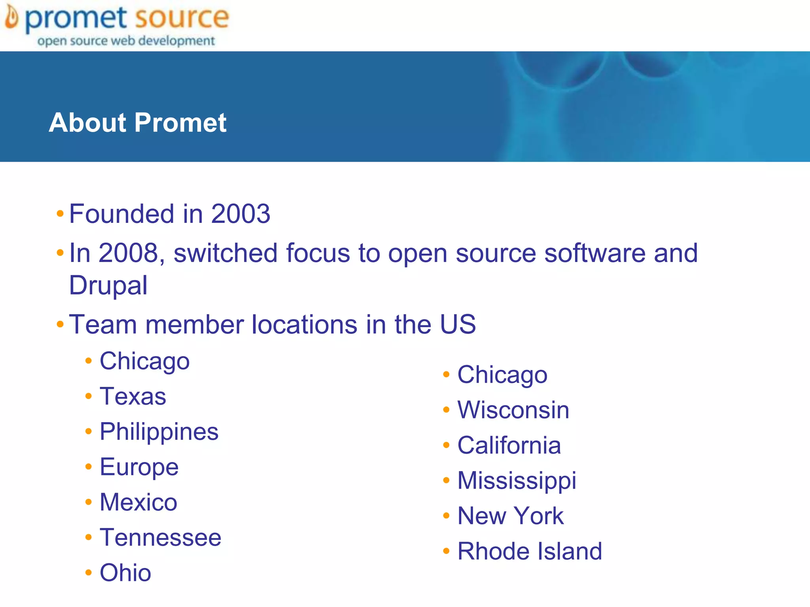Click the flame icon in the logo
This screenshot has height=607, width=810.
(11, 18)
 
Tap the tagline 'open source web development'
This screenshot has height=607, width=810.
(126, 41)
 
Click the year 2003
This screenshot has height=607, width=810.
(240, 214)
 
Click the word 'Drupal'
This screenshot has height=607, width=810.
(108, 285)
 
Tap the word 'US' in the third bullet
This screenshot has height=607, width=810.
(458, 324)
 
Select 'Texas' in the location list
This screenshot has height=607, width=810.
(133, 396)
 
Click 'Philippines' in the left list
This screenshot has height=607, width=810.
(159, 431)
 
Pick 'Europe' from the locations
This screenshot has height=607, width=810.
(139, 467)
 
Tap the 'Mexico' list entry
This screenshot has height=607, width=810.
(138, 502)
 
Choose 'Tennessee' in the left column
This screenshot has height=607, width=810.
(161, 537)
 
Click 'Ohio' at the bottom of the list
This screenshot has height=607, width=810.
(125, 573)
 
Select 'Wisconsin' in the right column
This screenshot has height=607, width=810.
(513, 410)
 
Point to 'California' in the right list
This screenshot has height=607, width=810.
(509, 445)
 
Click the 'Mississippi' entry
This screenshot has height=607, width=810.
(517, 481)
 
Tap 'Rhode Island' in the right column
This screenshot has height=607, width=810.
(530, 551)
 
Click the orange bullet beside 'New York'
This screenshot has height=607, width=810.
(447, 516)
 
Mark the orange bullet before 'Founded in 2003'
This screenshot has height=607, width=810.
(60, 214)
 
